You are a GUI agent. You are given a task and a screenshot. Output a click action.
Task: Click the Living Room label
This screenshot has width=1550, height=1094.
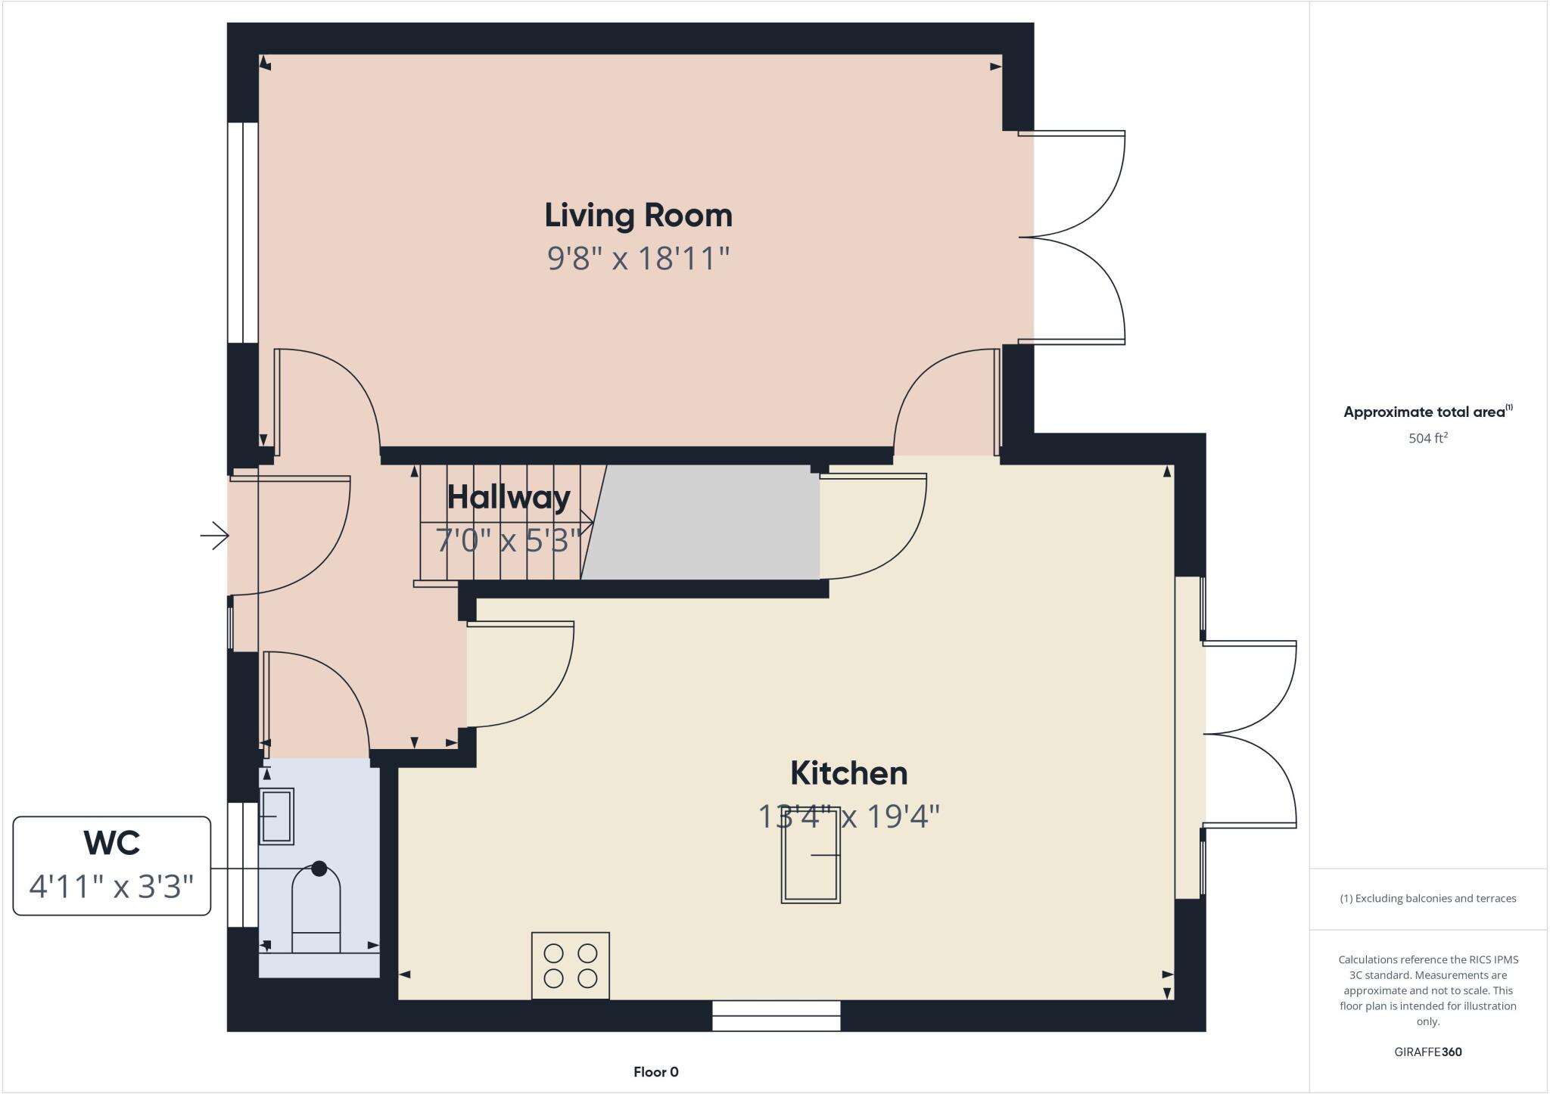[x=638, y=216]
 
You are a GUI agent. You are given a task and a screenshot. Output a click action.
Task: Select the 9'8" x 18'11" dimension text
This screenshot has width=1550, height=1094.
[x=638, y=259]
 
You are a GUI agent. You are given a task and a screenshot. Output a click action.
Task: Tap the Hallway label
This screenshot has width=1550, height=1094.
[x=509, y=497]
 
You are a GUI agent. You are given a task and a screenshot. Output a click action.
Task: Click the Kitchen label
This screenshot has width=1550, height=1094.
[x=848, y=773]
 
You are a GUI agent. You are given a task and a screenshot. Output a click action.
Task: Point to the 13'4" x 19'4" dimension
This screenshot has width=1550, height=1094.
[x=848, y=817]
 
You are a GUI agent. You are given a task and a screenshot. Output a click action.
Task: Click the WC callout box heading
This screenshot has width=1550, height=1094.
[x=111, y=843]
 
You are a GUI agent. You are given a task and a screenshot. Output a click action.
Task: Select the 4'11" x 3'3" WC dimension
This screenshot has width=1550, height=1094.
[x=111, y=886]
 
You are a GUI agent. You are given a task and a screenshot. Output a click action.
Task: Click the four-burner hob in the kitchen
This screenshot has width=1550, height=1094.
[x=570, y=965]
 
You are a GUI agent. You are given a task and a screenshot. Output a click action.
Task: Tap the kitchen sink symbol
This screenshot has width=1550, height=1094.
[x=811, y=856]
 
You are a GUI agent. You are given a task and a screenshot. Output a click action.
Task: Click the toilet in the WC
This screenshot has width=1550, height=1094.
[x=316, y=912]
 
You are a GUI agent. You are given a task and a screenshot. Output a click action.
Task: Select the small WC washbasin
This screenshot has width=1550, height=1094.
[x=276, y=816]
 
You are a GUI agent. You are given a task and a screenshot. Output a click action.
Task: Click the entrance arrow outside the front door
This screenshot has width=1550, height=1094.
[x=215, y=536]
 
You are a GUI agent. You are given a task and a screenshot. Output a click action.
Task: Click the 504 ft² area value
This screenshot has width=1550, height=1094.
[x=1427, y=438]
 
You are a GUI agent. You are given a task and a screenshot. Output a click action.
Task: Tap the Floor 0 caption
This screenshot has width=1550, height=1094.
[x=655, y=1072]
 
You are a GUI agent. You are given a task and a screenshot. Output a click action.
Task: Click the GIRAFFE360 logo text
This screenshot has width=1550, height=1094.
[x=1427, y=1052]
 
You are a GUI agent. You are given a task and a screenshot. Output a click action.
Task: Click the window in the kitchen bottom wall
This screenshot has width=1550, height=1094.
[x=776, y=1015]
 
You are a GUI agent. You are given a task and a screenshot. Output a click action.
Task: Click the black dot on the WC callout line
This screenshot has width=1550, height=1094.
[x=319, y=869]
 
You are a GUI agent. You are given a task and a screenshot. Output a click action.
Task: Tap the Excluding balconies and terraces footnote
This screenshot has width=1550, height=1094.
[x=1427, y=899]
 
